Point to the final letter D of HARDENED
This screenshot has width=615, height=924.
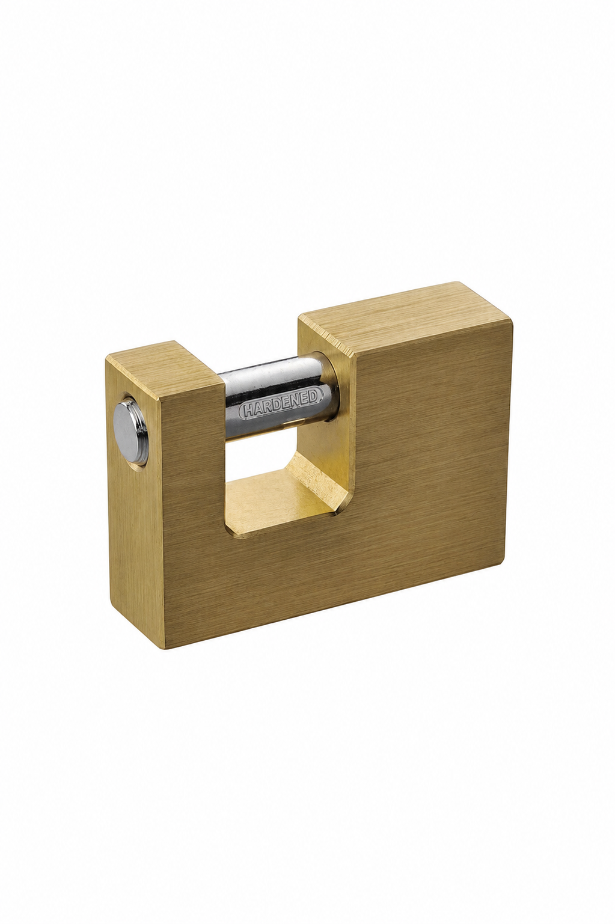pos(314,395)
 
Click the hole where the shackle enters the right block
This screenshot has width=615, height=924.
pos(330,386)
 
